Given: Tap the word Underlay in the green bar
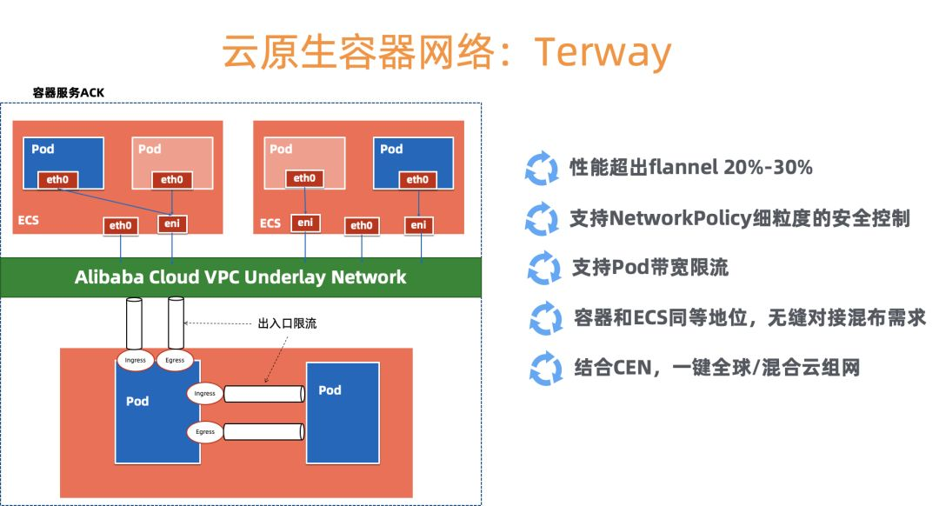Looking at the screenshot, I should coord(293,277).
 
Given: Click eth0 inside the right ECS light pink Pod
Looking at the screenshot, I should coord(304,178).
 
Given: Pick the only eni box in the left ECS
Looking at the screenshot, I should coord(172,224).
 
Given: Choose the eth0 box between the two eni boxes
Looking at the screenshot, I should coord(361,225).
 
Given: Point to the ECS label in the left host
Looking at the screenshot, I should coord(29,221).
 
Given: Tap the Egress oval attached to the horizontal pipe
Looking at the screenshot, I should coord(205,431).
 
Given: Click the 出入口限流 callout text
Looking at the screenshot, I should coord(288,323).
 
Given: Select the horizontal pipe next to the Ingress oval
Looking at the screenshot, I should coord(263,394).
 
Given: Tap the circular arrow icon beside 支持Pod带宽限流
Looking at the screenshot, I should coord(544,269).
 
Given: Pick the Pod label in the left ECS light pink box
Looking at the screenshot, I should coord(150,149).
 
